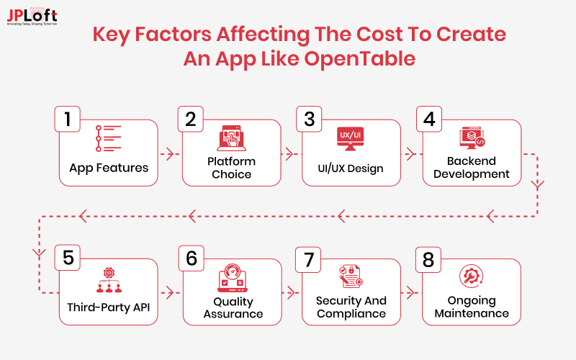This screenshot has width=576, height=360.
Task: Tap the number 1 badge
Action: (68, 119)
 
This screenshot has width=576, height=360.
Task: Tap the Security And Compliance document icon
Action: (351, 278)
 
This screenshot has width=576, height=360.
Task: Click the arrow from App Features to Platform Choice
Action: (169, 153)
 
